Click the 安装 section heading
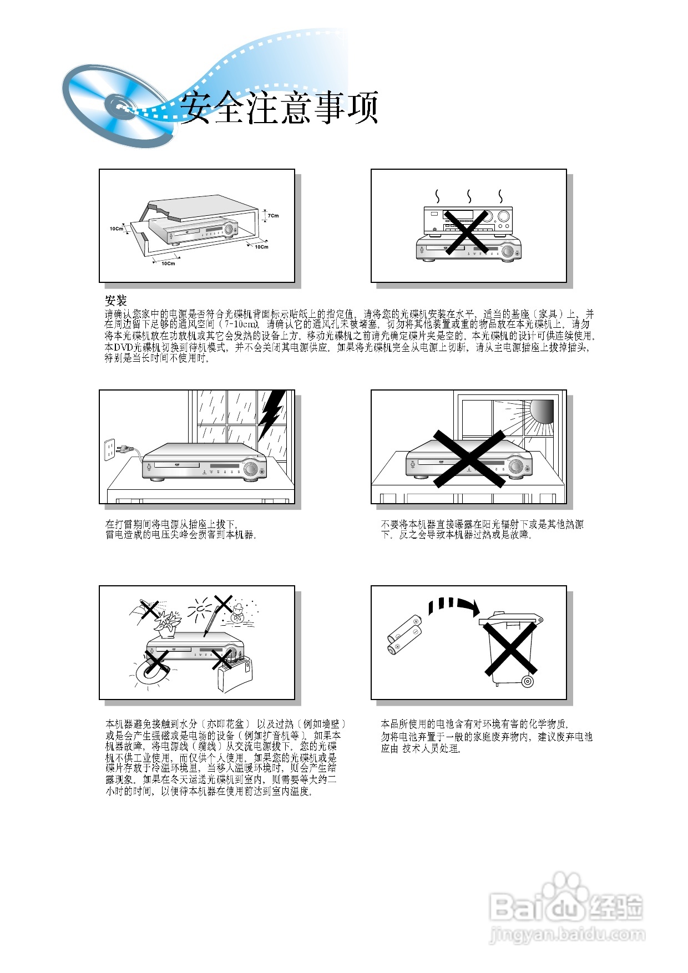[x=116, y=301]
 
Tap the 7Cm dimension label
[x=273, y=216]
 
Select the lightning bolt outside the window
[x=272, y=413]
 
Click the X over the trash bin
[x=509, y=648]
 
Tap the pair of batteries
[x=404, y=635]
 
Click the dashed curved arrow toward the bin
[x=452, y=606]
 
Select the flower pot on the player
[x=167, y=626]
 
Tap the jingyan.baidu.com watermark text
[x=567, y=934]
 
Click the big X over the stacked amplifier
[x=466, y=231]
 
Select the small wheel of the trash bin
[x=527, y=681]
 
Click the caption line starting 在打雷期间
[x=171, y=524]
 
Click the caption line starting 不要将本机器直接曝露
[x=482, y=524]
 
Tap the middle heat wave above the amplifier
[x=469, y=196]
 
